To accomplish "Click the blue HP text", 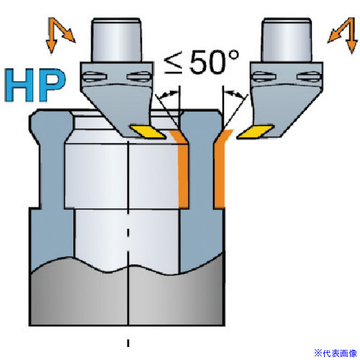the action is (x=35, y=85).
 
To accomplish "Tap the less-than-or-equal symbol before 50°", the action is (x=174, y=64).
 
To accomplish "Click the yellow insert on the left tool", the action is (x=148, y=132).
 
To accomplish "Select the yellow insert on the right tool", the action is (x=256, y=132).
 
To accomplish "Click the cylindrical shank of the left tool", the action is (x=117, y=40).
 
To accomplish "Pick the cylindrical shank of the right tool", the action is (x=287, y=40).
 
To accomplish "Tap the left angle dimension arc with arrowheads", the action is (x=168, y=94).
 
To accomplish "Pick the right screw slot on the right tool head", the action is (x=309, y=76).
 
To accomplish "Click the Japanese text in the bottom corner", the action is (x=336, y=353).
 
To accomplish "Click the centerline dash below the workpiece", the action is (x=128, y=343).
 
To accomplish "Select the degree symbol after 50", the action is (x=233, y=55).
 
